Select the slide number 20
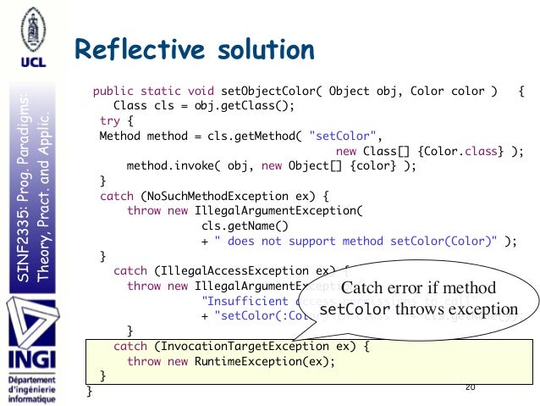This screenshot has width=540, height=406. (471, 387)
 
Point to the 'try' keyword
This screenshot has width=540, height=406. (110, 120)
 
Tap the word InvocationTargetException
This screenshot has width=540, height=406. (245, 347)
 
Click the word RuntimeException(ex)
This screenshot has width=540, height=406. (267, 361)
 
